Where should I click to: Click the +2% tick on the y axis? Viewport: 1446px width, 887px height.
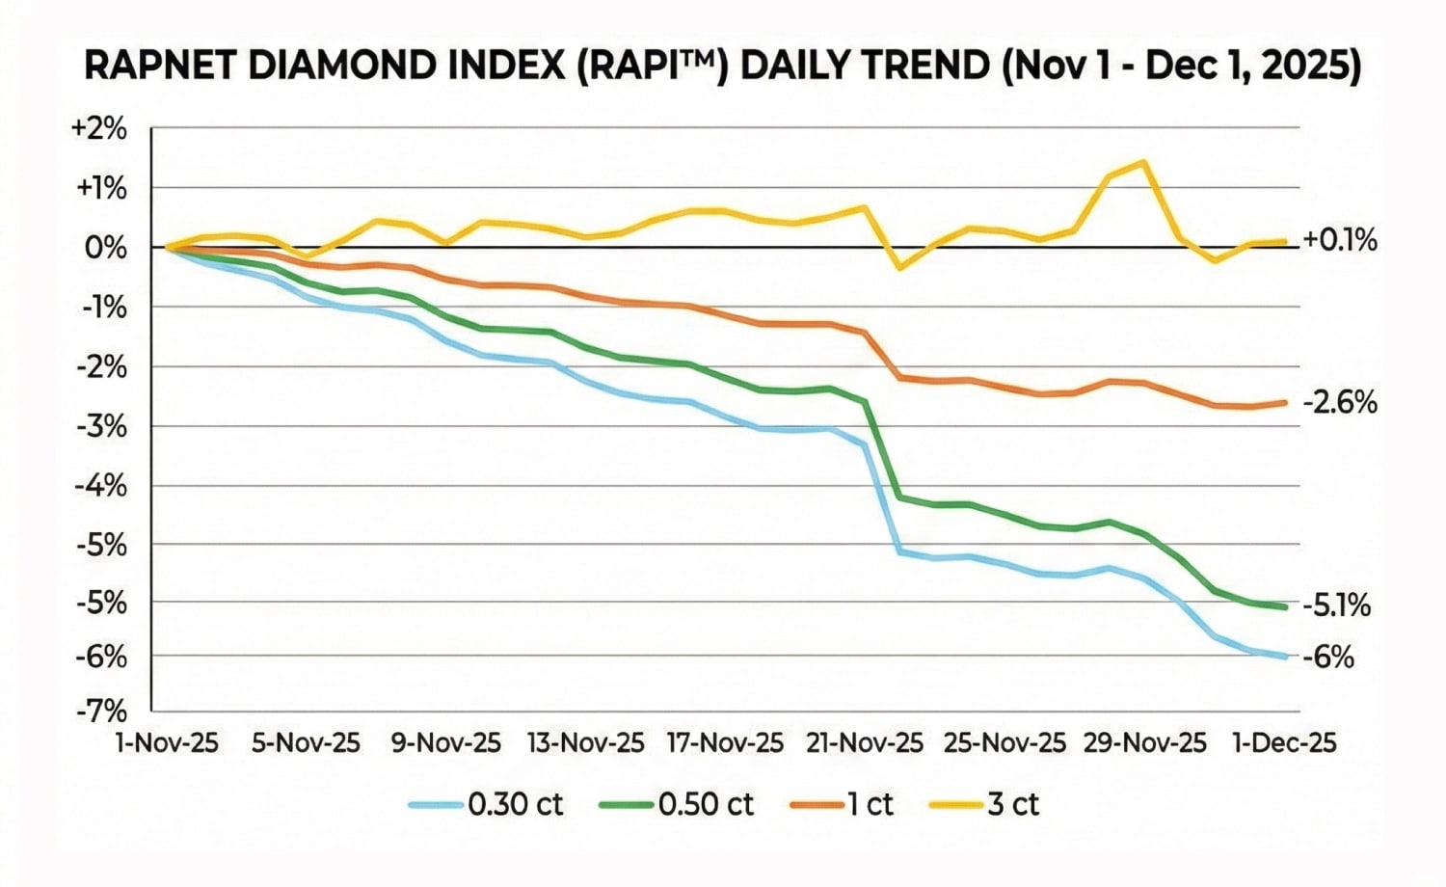tap(99, 128)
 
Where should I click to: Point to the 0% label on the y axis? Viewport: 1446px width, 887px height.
tap(106, 248)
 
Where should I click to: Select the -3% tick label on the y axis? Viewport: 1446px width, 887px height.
tap(101, 426)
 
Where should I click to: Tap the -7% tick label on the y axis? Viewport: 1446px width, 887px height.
tap(101, 712)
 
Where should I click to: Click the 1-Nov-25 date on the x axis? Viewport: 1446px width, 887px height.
tap(167, 743)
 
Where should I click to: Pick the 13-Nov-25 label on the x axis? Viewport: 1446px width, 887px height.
tap(585, 743)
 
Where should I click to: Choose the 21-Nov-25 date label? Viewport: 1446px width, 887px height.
tap(865, 743)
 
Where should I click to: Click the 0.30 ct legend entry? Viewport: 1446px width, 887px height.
tap(487, 804)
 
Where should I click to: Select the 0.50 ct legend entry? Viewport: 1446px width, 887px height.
tap(677, 804)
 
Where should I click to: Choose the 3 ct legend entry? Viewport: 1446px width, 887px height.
tap(984, 804)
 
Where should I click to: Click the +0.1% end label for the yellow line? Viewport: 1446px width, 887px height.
tap(1340, 240)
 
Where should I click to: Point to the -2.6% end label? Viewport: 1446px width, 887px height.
tap(1340, 402)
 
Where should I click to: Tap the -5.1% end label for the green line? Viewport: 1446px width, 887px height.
tap(1336, 605)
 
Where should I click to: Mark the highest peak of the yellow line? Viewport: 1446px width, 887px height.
tap(1143, 162)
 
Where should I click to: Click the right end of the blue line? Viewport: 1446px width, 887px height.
tap(1286, 657)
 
